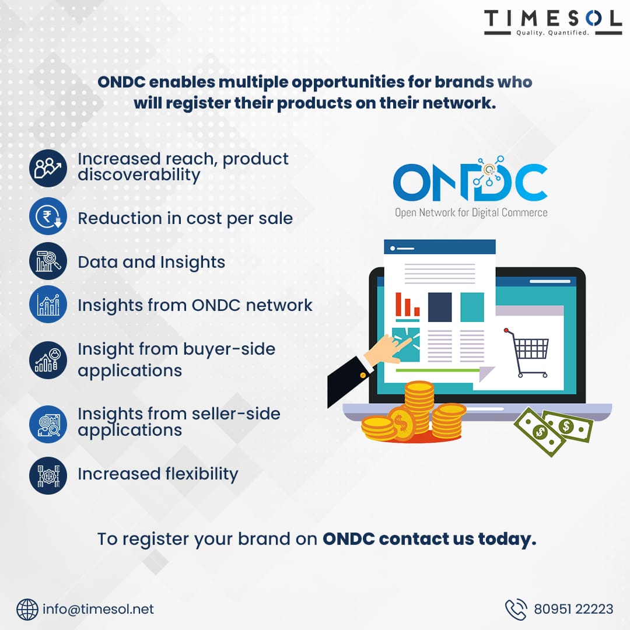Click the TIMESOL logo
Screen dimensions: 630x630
553,23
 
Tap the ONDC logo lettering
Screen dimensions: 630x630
470,179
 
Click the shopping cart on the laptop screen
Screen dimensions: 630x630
527,353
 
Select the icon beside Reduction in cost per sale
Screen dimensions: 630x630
48,216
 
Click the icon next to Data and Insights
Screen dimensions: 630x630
48,261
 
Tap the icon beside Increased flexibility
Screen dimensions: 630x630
48,475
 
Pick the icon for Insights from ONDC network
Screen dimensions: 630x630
48,304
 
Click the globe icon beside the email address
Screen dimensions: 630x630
27,610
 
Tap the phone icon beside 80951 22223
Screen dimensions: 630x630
516,610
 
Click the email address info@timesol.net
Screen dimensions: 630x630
98,609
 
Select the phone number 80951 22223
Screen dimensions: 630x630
573,609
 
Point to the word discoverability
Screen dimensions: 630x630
139,175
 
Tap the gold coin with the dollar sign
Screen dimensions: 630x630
401,424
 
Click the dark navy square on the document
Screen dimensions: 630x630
440,307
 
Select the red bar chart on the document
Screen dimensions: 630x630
407,304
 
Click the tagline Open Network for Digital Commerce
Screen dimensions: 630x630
471,212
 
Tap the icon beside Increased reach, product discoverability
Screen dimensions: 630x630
48,169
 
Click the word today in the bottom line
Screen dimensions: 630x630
507,539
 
